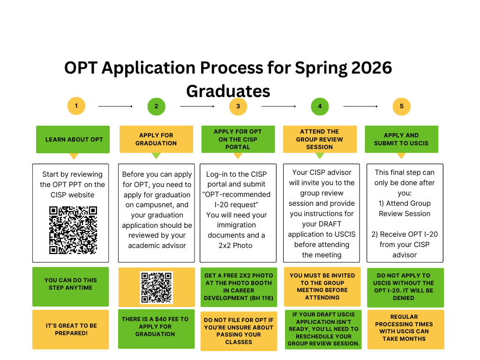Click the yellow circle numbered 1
point(76,106)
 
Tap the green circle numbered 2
point(156,106)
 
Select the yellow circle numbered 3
point(238,106)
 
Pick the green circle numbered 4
point(320,106)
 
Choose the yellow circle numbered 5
point(402,106)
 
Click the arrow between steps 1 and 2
point(115,106)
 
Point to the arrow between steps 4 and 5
point(360,106)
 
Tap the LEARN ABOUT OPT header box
point(73,139)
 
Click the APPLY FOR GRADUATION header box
point(156,139)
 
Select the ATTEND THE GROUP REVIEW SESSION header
point(320,139)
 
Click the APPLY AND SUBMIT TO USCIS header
point(401,139)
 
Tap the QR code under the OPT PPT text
point(73,230)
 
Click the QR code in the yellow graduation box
point(157,287)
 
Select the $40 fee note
point(156,327)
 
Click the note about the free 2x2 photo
point(238,287)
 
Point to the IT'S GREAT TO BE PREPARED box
point(71,330)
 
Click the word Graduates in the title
point(228,90)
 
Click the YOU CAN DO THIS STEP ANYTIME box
point(71,284)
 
